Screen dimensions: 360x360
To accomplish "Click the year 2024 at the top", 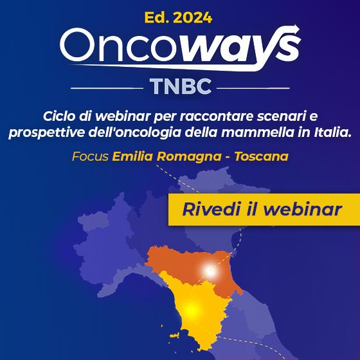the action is click(x=193, y=18).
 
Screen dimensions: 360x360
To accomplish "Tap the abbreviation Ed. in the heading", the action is click(x=157, y=18).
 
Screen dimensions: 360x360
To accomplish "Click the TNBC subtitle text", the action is click(x=181, y=86).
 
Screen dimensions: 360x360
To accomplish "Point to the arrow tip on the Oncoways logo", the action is click(x=299, y=28).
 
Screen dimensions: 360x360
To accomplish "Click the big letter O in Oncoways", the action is click(x=77, y=44).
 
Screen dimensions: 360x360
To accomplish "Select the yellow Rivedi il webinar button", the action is click(x=264, y=210).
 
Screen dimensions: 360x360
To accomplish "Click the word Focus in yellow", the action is click(x=90, y=157).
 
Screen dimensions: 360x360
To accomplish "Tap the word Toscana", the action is click(x=261, y=157).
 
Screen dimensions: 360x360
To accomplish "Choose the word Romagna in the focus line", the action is click(x=190, y=157).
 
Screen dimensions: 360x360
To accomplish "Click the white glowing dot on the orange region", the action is click(x=210, y=271).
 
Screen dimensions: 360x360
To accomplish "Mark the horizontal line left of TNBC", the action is click(x=107, y=88).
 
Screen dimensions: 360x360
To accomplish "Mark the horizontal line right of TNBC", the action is click(x=253, y=88).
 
